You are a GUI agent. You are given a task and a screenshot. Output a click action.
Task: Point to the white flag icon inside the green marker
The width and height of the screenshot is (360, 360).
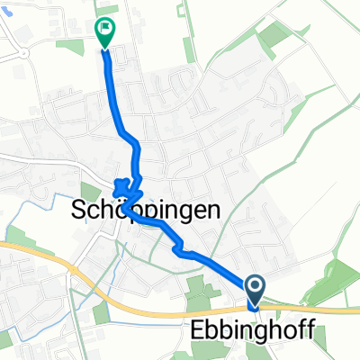click(107, 29)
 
